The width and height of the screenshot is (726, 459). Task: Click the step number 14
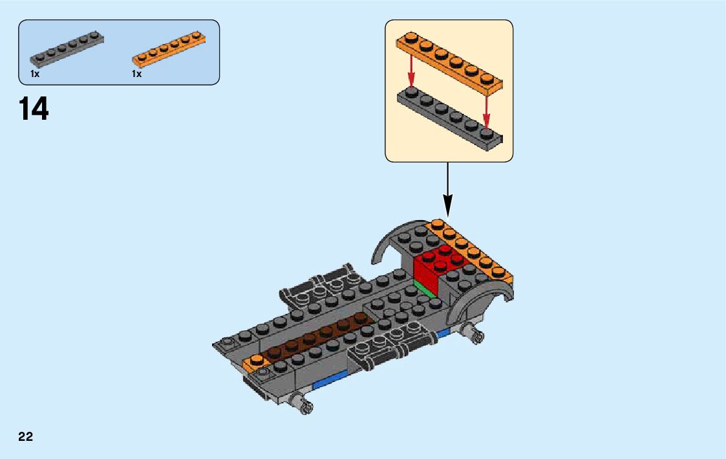(x=34, y=109)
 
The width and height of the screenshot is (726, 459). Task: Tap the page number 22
(x=25, y=436)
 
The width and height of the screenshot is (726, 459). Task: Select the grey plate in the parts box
(x=67, y=50)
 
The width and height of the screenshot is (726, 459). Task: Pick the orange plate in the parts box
(x=169, y=50)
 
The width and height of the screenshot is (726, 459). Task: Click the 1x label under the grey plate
(x=35, y=74)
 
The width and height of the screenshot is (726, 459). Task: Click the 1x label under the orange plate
(x=136, y=74)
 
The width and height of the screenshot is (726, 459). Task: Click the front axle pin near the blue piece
(x=304, y=403)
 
